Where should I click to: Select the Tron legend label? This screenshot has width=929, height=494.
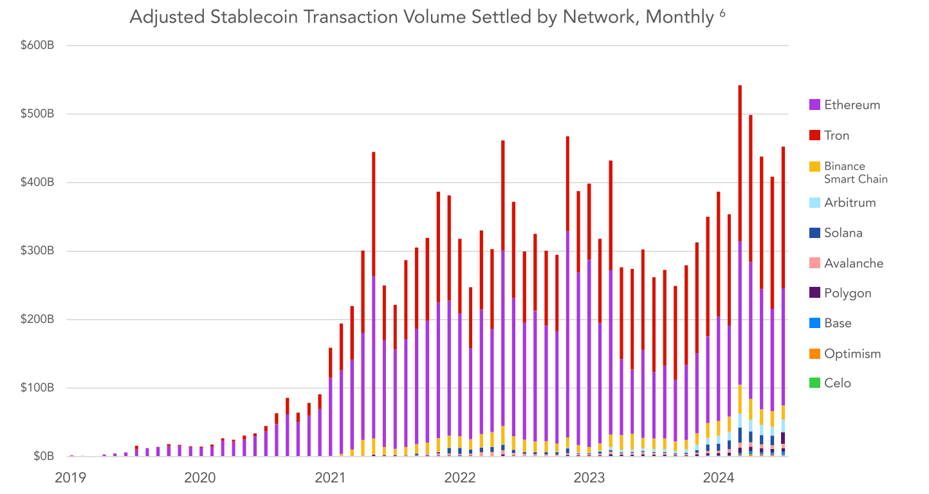pyautogui.click(x=836, y=136)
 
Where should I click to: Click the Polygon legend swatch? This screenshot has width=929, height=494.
pyautogui.click(x=814, y=293)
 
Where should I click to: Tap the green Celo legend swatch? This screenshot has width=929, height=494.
pyautogui.click(x=814, y=383)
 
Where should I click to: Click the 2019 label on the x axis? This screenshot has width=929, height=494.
pyautogui.click(x=71, y=477)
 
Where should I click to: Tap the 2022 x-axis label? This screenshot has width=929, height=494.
pyautogui.click(x=460, y=477)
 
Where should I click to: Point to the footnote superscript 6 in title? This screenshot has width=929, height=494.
pyautogui.click(x=722, y=13)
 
